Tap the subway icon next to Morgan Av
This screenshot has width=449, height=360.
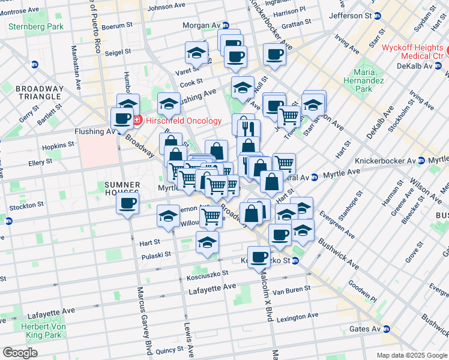click(x=226, y=25)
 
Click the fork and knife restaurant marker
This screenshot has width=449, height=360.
click(x=248, y=128)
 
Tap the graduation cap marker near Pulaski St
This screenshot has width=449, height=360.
click(x=207, y=243)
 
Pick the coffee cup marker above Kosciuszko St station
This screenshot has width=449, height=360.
click(x=259, y=257)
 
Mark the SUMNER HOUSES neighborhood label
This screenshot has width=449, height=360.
click(x=122, y=189)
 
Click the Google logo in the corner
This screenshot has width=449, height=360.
click(x=20, y=353)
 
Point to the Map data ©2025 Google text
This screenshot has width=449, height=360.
click(x=411, y=355)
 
